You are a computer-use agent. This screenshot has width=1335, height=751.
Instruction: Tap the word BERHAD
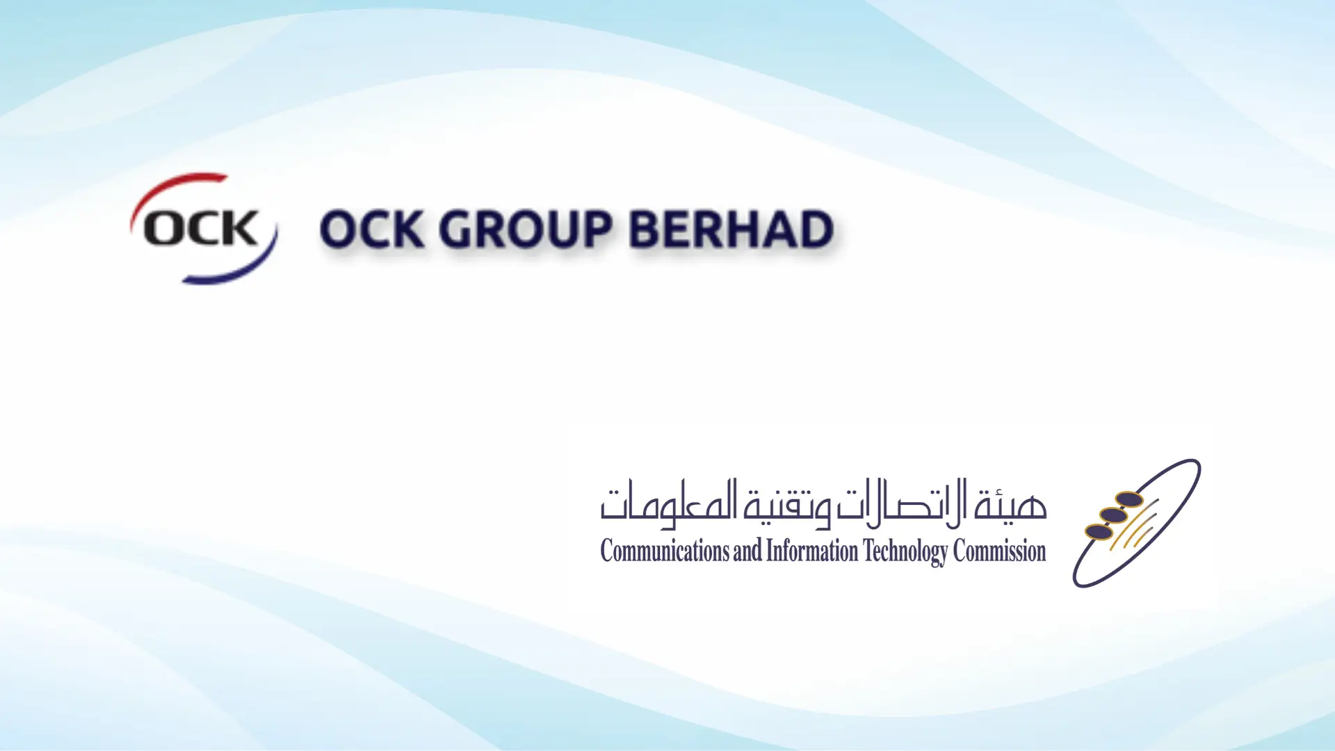click(x=731, y=229)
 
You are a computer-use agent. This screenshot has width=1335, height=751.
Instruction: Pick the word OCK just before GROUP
click(x=371, y=229)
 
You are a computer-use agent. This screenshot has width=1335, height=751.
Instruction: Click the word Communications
click(x=665, y=551)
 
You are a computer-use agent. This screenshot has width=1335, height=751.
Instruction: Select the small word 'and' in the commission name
click(x=747, y=551)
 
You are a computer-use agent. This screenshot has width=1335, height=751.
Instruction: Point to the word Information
click(x=812, y=551)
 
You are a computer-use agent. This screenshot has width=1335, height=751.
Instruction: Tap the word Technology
click(x=905, y=553)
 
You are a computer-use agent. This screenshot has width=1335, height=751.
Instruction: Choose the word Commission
click(x=999, y=551)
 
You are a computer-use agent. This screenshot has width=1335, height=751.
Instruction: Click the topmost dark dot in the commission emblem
click(x=1129, y=499)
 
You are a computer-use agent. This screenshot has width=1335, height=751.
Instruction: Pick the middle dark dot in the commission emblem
click(x=1113, y=515)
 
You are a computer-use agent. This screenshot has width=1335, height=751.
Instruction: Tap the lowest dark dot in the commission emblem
click(x=1099, y=532)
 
